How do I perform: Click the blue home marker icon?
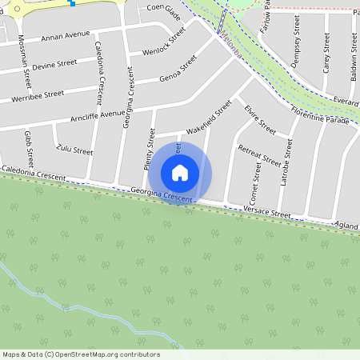(x=180, y=173)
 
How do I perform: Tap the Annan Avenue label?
(x=65, y=36)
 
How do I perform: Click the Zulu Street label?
(x=74, y=149)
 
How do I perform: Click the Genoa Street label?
(x=178, y=68)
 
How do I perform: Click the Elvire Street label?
(x=260, y=120)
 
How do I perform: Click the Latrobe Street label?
(x=286, y=164)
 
